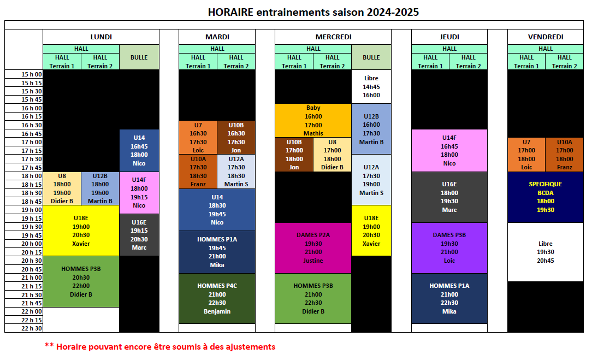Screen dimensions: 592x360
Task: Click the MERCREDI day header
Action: point(333,37)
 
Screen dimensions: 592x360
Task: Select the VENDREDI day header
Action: point(546,37)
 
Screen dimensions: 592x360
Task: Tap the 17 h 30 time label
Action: point(32,159)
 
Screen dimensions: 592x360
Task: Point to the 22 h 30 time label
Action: point(32,328)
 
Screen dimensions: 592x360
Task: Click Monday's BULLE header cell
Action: point(139,57)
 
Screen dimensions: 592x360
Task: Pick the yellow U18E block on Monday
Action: point(81,231)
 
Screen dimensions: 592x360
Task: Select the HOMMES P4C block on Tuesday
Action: point(217,298)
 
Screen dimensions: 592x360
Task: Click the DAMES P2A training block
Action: point(313,248)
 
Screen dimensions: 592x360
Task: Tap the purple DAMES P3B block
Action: point(449,248)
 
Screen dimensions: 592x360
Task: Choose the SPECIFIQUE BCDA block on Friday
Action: point(546,197)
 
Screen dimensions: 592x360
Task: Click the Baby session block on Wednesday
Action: point(313,121)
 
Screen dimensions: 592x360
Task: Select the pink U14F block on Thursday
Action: point(449,151)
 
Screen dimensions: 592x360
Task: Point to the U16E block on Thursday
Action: point(449,197)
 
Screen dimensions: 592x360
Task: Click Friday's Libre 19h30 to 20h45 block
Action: point(546,252)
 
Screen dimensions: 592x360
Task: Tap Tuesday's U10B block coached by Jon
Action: point(236,138)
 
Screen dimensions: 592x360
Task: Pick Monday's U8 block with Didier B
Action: point(62,188)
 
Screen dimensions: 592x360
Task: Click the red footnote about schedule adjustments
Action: point(160,346)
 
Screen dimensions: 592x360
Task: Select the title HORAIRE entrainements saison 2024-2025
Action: point(313,12)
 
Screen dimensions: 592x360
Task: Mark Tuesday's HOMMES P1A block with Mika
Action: point(217,252)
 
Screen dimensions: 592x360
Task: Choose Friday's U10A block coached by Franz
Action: point(565,155)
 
